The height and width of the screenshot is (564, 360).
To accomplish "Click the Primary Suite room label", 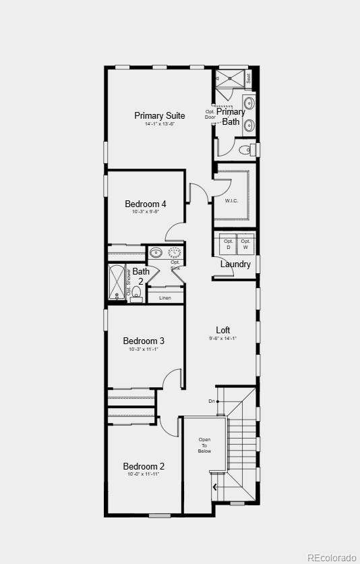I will pyautogui.click(x=159, y=115).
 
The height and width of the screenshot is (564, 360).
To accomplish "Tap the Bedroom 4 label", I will pyautogui.click(x=146, y=204).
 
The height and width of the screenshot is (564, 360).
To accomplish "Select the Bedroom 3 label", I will pyautogui.click(x=144, y=341).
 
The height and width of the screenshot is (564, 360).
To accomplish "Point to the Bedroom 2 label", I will pyautogui.click(x=144, y=466).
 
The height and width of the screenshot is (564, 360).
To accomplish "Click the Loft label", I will pyautogui.click(x=223, y=330).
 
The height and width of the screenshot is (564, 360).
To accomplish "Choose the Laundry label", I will pyautogui.click(x=235, y=264).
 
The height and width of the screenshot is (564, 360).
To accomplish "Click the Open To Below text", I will pyautogui.click(x=204, y=445).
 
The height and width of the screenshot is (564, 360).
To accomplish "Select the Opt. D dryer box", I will pyautogui.click(x=229, y=244).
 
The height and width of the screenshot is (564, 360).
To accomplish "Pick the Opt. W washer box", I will pyautogui.click(x=245, y=244).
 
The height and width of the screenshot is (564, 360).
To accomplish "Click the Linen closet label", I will pyautogui.click(x=165, y=298).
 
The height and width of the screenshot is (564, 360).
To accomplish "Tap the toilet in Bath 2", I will pyautogui.click(x=136, y=293).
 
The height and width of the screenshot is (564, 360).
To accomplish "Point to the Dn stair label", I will pyautogui.click(x=212, y=401).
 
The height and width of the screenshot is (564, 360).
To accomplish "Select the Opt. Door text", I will pyautogui.click(x=210, y=115).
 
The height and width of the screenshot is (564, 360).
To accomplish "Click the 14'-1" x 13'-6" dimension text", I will pyautogui.click(x=159, y=124).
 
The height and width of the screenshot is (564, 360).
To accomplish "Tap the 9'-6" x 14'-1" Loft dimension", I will pyautogui.click(x=223, y=339).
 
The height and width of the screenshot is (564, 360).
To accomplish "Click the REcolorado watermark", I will pyautogui.click(x=331, y=557).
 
